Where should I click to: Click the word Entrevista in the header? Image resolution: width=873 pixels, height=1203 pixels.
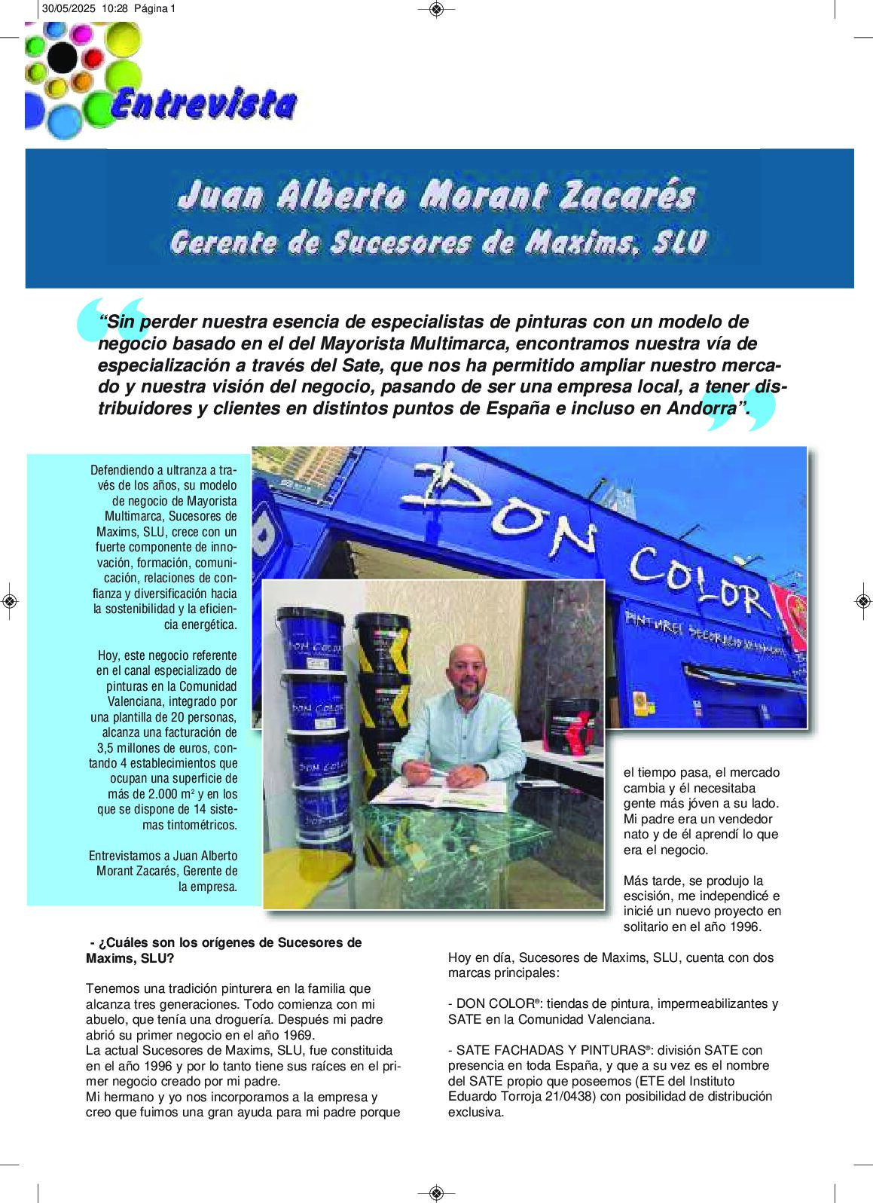coord(203,105)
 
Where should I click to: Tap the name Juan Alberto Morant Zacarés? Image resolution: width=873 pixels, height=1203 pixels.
coord(437,196)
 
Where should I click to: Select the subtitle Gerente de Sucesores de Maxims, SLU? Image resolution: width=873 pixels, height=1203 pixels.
coord(438,243)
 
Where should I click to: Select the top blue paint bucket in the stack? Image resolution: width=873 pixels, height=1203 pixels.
coord(310,640)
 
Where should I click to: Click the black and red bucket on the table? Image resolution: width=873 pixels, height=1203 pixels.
coord(573,729)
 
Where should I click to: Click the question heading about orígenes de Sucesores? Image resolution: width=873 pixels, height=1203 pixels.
coord(224,950)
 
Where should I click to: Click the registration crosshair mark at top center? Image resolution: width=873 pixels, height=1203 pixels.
coord(436,9)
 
